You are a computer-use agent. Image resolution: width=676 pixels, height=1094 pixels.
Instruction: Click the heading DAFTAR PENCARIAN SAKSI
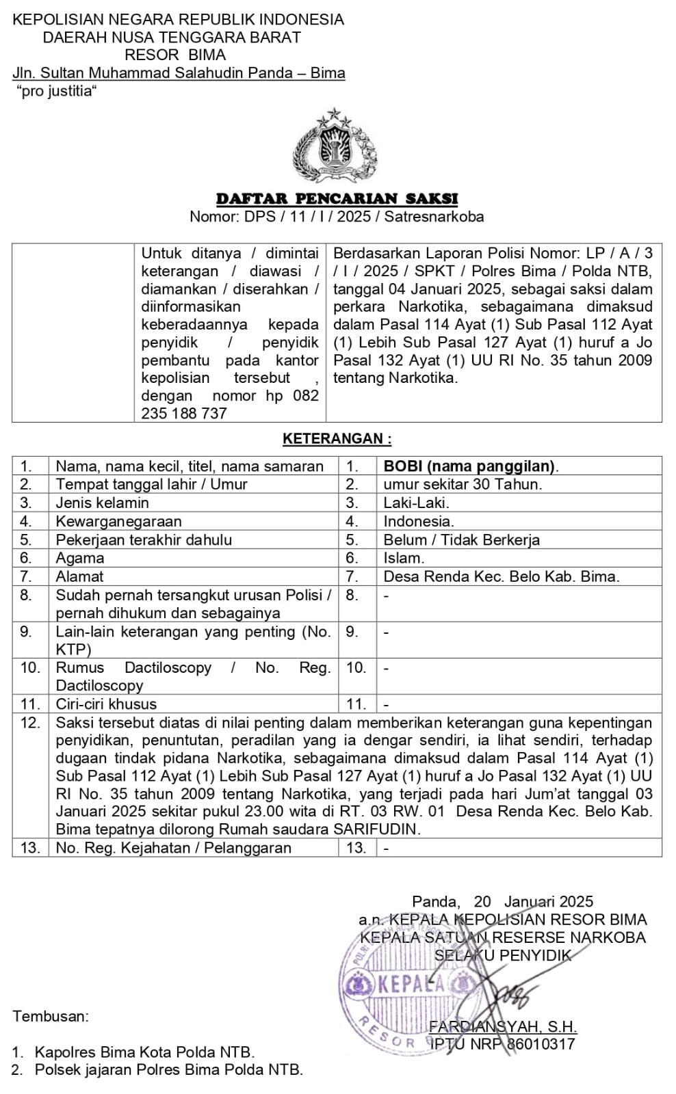click(337, 199)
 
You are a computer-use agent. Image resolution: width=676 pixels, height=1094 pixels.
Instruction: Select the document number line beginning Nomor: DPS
click(337, 217)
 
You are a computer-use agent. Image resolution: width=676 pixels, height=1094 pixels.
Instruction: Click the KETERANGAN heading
click(337, 439)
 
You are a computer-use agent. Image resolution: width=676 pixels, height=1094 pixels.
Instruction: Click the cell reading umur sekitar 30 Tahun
click(463, 485)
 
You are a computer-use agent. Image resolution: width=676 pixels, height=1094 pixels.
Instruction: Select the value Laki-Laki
click(416, 503)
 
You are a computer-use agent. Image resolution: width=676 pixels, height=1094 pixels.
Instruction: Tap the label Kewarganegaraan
click(118, 522)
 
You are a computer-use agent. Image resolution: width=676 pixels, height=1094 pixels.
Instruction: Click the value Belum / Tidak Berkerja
click(461, 540)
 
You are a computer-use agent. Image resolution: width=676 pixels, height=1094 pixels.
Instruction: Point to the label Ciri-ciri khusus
click(106, 704)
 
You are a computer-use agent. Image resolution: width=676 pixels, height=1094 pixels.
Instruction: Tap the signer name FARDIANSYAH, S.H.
click(503, 1027)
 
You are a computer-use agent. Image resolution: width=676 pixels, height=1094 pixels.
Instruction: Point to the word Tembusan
click(51, 1016)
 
